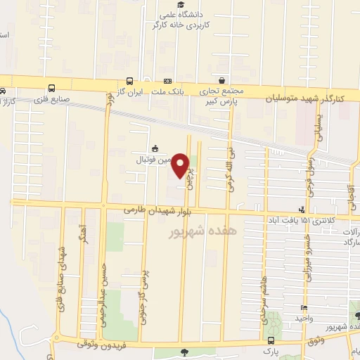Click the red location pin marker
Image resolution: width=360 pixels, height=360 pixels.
pyautogui.click(x=181, y=165)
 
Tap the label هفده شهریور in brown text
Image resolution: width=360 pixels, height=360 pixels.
pyautogui.click(x=201, y=231)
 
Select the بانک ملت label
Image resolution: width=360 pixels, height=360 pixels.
pyautogui.click(x=167, y=92)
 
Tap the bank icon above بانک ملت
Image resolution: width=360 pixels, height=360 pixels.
pyautogui.click(x=167, y=81)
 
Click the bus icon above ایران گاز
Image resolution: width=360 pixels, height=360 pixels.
pyautogui.click(x=129, y=81)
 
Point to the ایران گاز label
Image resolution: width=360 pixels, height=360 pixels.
pyautogui.click(x=129, y=92)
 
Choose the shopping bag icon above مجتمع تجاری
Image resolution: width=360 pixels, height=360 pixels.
pyautogui.click(x=222, y=81)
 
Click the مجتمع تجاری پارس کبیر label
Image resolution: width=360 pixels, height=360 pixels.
pyautogui.click(x=223, y=97)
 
